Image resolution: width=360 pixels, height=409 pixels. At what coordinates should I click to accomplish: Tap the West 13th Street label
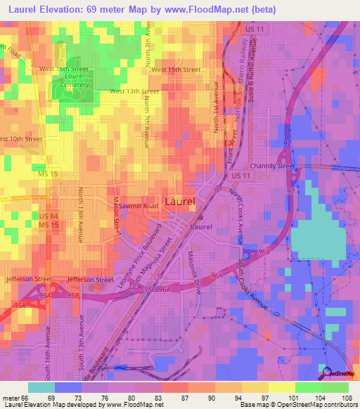click(134, 91)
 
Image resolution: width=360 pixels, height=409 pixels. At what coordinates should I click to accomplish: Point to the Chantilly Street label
click(271, 167)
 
